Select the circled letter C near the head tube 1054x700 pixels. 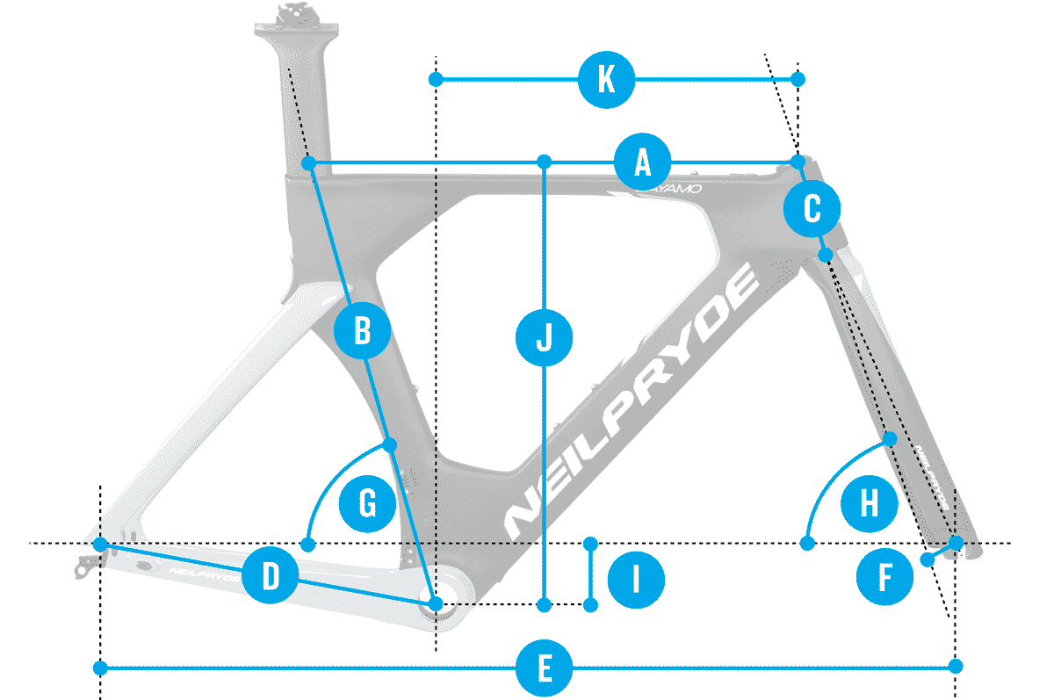point(812,209)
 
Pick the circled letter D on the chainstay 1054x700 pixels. point(271,577)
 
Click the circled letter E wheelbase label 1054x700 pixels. point(545,668)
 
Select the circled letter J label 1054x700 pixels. point(545,336)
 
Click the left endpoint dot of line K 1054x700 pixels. point(436,80)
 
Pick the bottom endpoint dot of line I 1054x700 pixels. point(590,605)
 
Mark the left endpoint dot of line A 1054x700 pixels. point(309,163)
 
